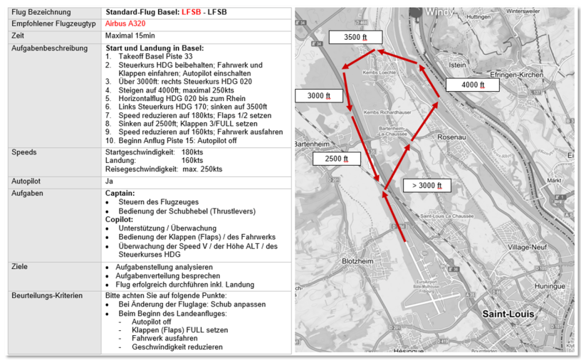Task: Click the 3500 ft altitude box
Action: pos(355,38)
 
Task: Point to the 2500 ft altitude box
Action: pos(337,159)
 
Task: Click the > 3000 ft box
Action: pos(427,186)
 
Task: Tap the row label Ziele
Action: pos(21,266)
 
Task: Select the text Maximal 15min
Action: pos(130,35)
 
